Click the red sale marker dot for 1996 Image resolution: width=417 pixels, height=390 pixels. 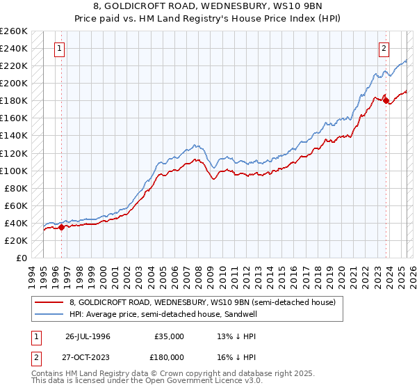tap(61, 226)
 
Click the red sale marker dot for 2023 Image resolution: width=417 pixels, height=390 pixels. tap(386, 100)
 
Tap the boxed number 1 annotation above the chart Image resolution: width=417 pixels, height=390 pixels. tap(60, 49)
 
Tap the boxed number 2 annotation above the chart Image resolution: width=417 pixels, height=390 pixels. tap(384, 49)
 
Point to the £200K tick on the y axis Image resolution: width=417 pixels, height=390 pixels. tap(14, 84)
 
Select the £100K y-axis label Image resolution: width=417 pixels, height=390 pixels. tap(14, 171)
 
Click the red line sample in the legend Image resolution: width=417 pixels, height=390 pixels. tap(49, 302)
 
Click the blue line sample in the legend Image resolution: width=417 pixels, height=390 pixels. tap(49, 313)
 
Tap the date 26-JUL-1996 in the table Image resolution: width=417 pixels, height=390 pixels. tap(88, 336)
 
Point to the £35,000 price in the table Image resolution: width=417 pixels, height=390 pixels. tap(170, 336)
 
